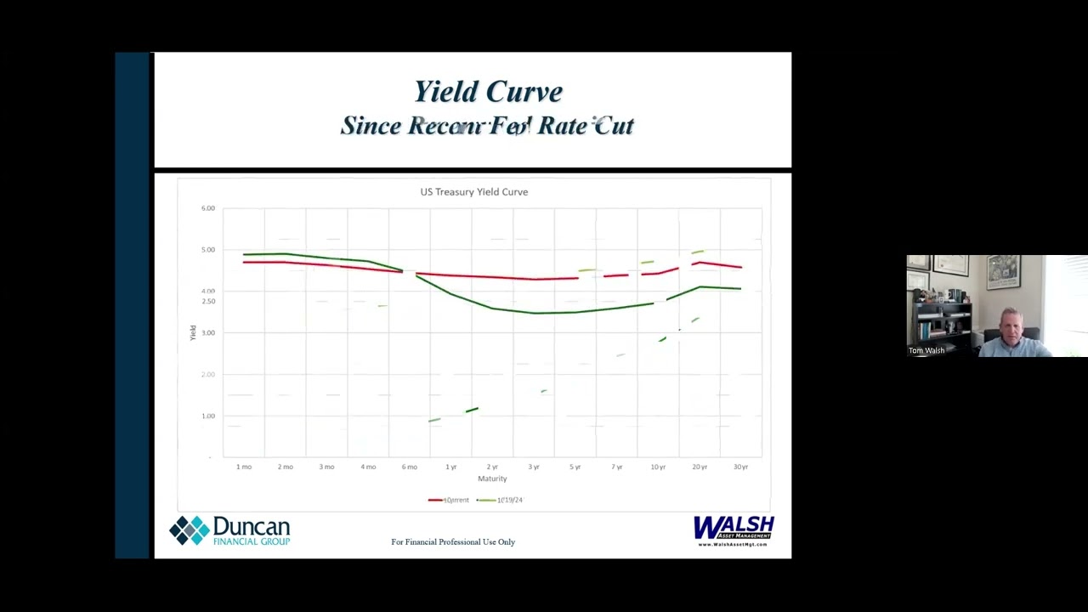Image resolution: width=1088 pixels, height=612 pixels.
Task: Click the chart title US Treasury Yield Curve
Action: pyautogui.click(x=473, y=192)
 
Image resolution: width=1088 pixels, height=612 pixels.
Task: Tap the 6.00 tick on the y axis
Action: pyautogui.click(x=208, y=208)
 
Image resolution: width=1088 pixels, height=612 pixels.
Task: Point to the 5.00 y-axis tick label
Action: pyautogui.click(x=208, y=250)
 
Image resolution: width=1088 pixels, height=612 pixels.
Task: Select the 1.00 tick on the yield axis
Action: pyautogui.click(x=208, y=416)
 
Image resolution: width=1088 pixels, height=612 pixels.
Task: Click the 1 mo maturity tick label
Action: pyautogui.click(x=244, y=467)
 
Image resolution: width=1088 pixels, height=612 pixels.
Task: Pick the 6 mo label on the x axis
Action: pyautogui.click(x=410, y=467)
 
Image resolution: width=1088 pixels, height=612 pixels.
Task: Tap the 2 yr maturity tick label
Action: pyautogui.click(x=492, y=467)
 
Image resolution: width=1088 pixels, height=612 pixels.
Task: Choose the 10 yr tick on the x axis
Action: pyautogui.click(x=658, y=467)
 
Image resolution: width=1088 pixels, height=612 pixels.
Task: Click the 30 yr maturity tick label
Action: pyautogui.click(x=740, y=467)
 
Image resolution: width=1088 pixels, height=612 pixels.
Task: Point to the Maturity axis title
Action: pyautogui.click(x=492, y=479)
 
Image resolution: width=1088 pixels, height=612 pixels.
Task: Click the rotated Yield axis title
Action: pyautogui.click(x=193, y=333)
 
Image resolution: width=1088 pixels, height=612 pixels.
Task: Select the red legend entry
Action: pyautogui.click(x=449, y=500)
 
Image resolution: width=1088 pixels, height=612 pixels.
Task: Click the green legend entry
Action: pyautogui.click(x=501, y=500)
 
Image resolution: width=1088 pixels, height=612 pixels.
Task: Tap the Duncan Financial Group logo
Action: pyautogui.click(x=229, y=530)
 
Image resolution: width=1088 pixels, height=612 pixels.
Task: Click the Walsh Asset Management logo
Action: pyautogui.click(x=734, y=530)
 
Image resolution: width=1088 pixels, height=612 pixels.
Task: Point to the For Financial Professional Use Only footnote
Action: pyautogui.click(x=453, y=542)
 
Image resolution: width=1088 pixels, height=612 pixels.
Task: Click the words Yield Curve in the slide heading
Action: pyautogui.click(x=488, y=92)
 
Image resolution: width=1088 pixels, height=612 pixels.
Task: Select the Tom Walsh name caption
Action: pyautogui.click(x=926, y=350)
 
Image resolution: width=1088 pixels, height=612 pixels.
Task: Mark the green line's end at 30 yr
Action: pyautogui.click(x=740, y=289)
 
